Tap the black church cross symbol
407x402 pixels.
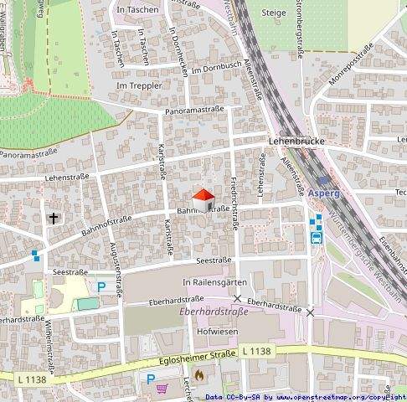tap(54, 219)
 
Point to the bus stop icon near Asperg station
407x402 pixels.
tap(317, 237)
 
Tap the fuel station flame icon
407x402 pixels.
tap(198, 376)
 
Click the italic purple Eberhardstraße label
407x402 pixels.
tap(213, 313)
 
